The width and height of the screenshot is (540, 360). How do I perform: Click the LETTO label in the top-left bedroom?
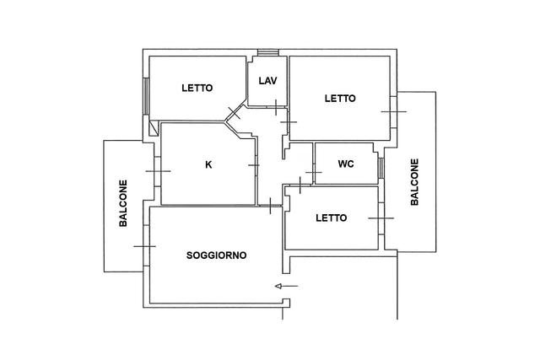pos(197,88)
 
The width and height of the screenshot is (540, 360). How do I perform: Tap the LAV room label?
pos(267,81)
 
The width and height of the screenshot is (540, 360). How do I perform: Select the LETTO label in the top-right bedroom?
pos(340,98)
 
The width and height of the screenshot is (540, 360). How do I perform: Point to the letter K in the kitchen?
pos(208,164)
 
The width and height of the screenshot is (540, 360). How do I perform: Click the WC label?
pos(345,164)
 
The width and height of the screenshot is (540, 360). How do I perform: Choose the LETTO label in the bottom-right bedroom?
pos(331,218)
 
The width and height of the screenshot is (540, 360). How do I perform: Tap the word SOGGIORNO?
pos(216,255)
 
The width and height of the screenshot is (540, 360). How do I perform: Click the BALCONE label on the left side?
pos(123,203)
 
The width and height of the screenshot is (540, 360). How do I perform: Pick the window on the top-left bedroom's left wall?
pos(147,98)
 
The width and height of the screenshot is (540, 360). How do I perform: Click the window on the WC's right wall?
pos(381,167)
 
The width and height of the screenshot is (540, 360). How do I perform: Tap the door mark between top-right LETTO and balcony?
pos(393,110)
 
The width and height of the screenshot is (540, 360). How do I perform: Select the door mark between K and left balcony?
pos(158,171)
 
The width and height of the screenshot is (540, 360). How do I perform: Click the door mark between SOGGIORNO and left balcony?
pos(144,246)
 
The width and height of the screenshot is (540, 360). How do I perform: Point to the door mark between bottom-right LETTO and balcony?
pos(381,218)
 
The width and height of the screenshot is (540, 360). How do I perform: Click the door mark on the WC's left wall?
pos(313,173)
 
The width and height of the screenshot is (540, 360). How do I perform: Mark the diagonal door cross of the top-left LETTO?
pos(235,114)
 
